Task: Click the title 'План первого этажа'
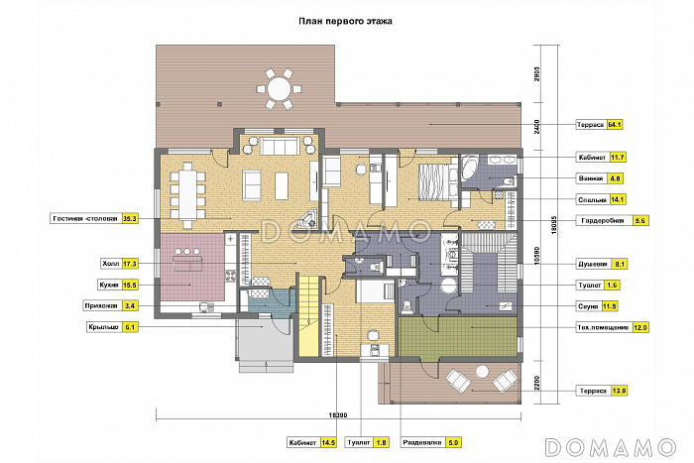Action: pos(345,21)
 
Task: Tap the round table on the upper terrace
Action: pos(279,88)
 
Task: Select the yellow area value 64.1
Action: pos(615,125)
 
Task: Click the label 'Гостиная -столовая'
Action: pos(85,219)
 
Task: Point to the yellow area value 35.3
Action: pos(130,219)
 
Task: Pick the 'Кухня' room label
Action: pos(109,286)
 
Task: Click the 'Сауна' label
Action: pos(588,306)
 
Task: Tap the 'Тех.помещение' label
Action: pos(603,328)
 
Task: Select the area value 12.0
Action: pos(640,328)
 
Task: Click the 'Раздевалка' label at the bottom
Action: pos(421,442)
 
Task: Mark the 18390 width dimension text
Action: pos(338,415)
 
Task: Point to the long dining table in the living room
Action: pos(188,195)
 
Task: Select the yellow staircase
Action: pos(308,315)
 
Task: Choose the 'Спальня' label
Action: pos(592,199)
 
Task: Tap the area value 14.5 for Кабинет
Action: pos(328,442)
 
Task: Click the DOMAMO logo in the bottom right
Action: pos(611,447)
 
